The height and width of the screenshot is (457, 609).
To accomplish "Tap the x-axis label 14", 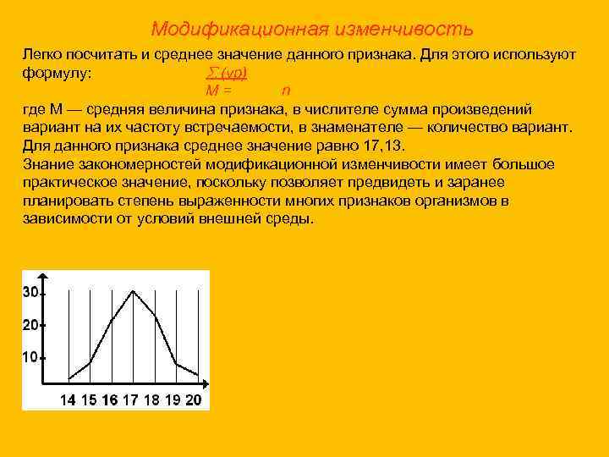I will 69,399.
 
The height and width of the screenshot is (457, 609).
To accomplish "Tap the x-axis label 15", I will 89,399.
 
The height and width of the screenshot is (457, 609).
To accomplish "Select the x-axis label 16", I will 109,399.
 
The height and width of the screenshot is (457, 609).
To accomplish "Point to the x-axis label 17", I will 131,399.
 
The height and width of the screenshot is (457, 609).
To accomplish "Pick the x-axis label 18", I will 151,399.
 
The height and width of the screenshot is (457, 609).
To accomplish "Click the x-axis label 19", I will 173,399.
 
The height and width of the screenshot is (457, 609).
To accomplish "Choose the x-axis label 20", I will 194,399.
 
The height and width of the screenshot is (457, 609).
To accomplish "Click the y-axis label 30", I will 30,292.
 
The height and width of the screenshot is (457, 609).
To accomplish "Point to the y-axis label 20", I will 30,325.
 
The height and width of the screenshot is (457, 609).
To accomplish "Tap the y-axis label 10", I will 30,357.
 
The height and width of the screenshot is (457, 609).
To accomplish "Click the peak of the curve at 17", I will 132,290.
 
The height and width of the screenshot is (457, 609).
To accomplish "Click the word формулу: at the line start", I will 57,73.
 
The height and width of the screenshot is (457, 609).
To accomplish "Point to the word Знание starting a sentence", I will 49,163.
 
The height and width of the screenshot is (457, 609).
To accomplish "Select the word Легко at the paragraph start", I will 42,54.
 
